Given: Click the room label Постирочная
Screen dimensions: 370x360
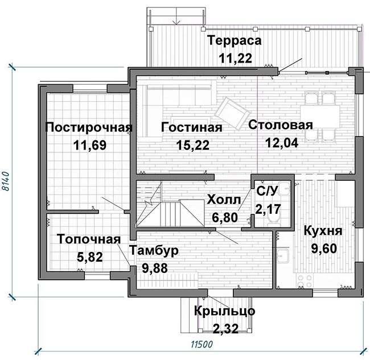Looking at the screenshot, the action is coord(89,127).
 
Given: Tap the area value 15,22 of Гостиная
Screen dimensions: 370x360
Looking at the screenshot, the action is coord(193,145).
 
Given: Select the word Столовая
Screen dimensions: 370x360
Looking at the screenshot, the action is coord(280,125).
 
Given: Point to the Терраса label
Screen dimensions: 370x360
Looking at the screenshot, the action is coord(235,40).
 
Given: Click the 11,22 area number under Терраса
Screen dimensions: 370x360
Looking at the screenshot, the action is coord(236,58).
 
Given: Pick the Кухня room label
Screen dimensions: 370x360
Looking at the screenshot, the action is coord(323,231).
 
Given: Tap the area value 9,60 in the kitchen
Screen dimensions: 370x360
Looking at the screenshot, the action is coord(324,249).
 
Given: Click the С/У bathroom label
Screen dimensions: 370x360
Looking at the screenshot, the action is coord(267,191).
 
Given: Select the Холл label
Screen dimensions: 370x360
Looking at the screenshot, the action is coord(224,200).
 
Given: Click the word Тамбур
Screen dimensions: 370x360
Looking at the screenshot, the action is coord(154,250).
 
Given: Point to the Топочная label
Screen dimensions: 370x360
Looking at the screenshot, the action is coord(89,239).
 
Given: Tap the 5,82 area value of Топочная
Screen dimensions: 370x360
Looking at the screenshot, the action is coord(90,257).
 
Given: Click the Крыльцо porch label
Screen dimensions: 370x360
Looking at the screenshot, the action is coord(224,311).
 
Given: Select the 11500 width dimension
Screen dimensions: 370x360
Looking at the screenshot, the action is coord(202,345).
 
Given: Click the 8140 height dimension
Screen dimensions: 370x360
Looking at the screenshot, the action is coord(5,181).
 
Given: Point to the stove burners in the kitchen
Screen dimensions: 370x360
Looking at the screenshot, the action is coord(305,282).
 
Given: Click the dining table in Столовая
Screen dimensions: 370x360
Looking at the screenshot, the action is coord(320,117).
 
